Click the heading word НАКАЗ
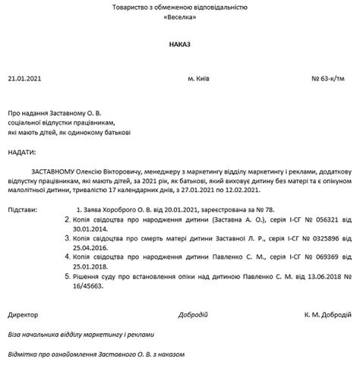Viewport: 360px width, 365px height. pyautogui.click(x=180, y=46)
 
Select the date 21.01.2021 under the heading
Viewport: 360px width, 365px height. pyautogui.click(x=26, y=79)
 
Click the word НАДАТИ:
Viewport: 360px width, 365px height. pyautogui.click(x=24, y=153)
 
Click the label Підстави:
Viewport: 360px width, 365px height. pyautogui.click(x=25, y=207)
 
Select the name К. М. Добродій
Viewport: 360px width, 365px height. pyautogui.click(x=327, y=314)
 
